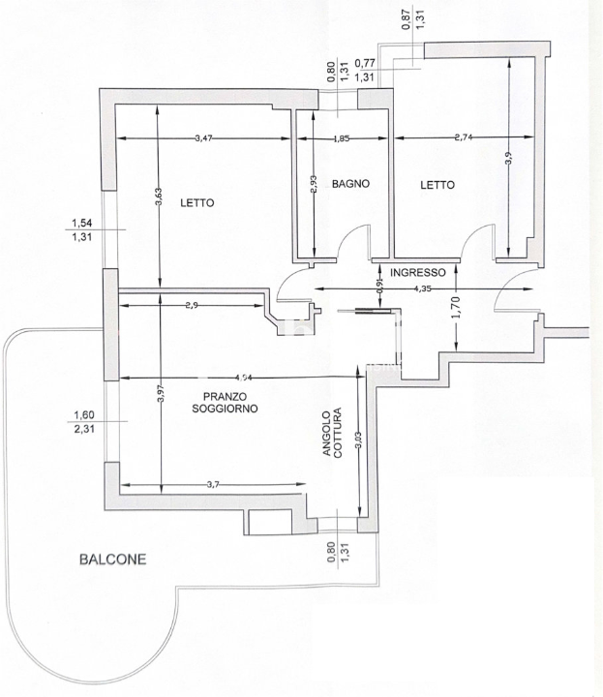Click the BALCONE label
point(113,560)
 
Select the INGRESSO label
point(418,272)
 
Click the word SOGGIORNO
point(225,409)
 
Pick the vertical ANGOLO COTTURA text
point(333,431)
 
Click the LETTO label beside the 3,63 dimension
point(196,203)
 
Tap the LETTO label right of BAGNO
point(438,184)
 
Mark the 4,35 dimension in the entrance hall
point(423,288)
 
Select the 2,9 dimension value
point(190,306)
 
